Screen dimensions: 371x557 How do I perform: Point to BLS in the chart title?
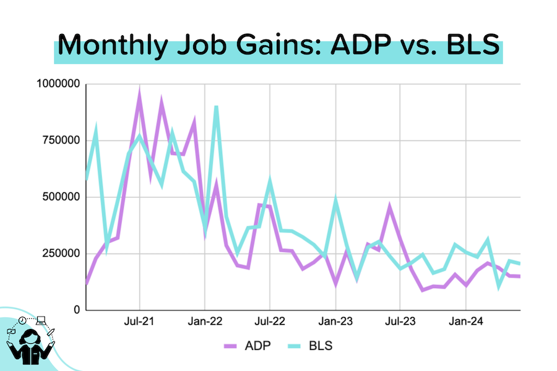coord(470,46)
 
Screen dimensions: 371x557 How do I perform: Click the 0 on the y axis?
coord(77,310)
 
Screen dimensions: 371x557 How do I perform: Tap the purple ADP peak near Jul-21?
coord(139,95)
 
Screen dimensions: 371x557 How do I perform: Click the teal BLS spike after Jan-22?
coord(216,108)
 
